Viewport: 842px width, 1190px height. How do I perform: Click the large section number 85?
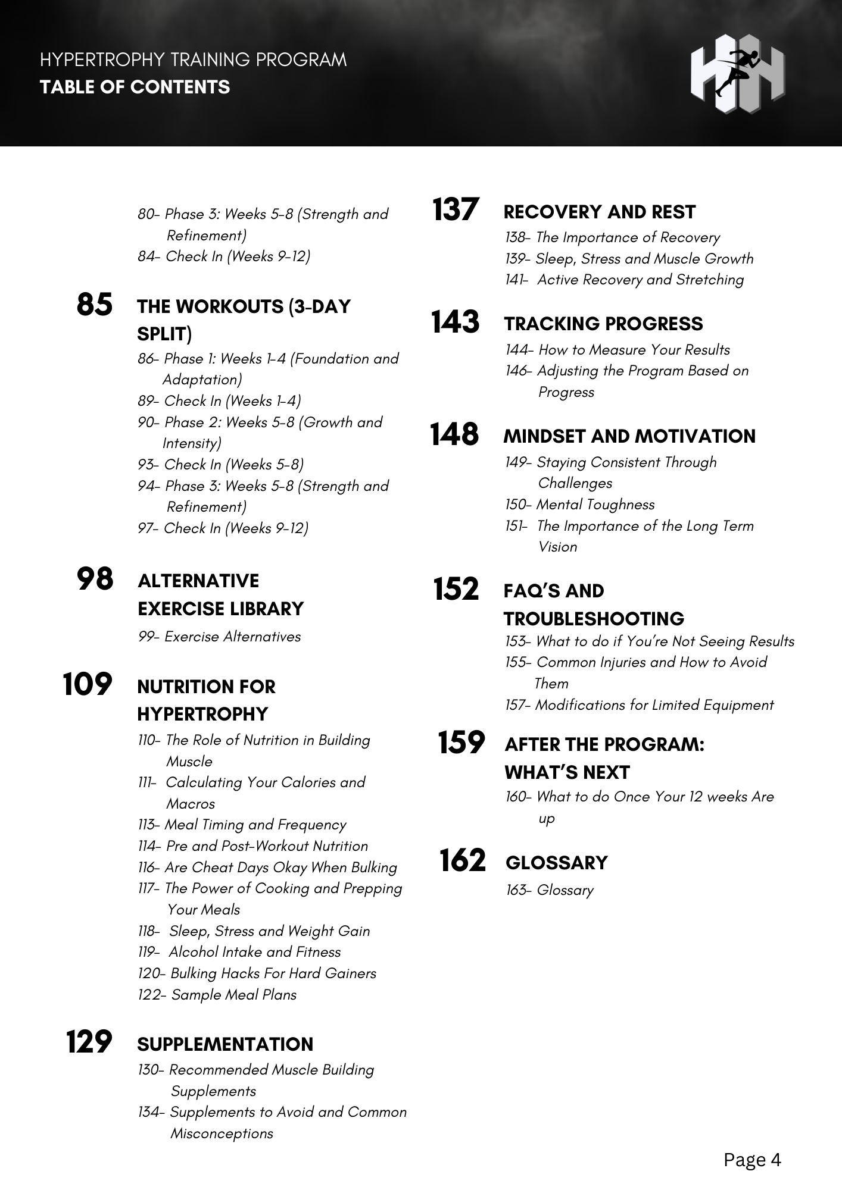(95, 305)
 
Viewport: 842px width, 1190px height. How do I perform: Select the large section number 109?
(88, 684)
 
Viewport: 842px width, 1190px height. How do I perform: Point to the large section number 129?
(89, 1042)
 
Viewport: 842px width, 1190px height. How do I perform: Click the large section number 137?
(456, 210)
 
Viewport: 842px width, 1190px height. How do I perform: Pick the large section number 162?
(462, 860)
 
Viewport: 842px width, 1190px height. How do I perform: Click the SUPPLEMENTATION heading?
(225, 1044)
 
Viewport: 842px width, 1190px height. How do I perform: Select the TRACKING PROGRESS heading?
(603, 324)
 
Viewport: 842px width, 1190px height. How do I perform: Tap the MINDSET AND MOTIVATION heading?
(629, 436)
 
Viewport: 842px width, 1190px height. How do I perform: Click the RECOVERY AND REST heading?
(599, 212)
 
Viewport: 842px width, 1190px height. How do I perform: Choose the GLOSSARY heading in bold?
(556, 863)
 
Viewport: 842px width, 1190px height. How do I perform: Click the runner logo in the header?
(737, 73)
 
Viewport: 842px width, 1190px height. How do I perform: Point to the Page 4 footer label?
(752, 1160)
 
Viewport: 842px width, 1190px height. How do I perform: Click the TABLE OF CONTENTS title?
(135, 87)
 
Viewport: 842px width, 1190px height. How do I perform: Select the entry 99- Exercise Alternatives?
(219, 637)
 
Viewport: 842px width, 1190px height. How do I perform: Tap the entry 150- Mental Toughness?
(579, 505)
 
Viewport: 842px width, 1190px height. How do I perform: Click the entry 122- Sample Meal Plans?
(217, 995)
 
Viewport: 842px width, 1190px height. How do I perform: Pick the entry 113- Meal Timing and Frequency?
(242, 825)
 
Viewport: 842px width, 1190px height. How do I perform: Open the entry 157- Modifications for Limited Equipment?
(639, 705)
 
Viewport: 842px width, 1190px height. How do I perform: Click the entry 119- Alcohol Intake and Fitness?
(239, 952)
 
